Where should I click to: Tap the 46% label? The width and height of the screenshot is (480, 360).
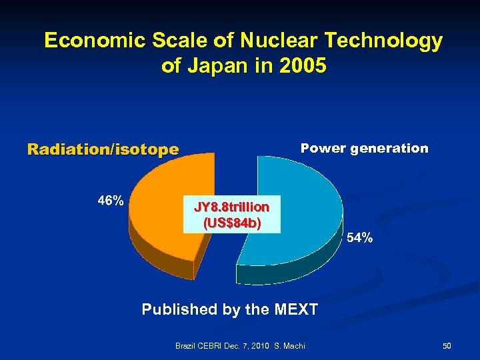click(x=110, y=200)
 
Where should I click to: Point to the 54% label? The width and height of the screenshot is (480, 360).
click(x=359, y=238)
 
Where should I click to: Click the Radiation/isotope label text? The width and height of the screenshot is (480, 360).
click(x=103, y=149)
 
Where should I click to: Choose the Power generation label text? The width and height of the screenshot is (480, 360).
click(x=364, y=148)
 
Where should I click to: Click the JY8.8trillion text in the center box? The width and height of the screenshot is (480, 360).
click(x=232, y=207)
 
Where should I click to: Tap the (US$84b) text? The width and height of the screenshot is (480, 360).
click(x=232, y=223)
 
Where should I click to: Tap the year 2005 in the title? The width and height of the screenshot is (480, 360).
click(x=304, y=67)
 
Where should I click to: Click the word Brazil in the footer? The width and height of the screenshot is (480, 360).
click(x=186, y=346)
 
